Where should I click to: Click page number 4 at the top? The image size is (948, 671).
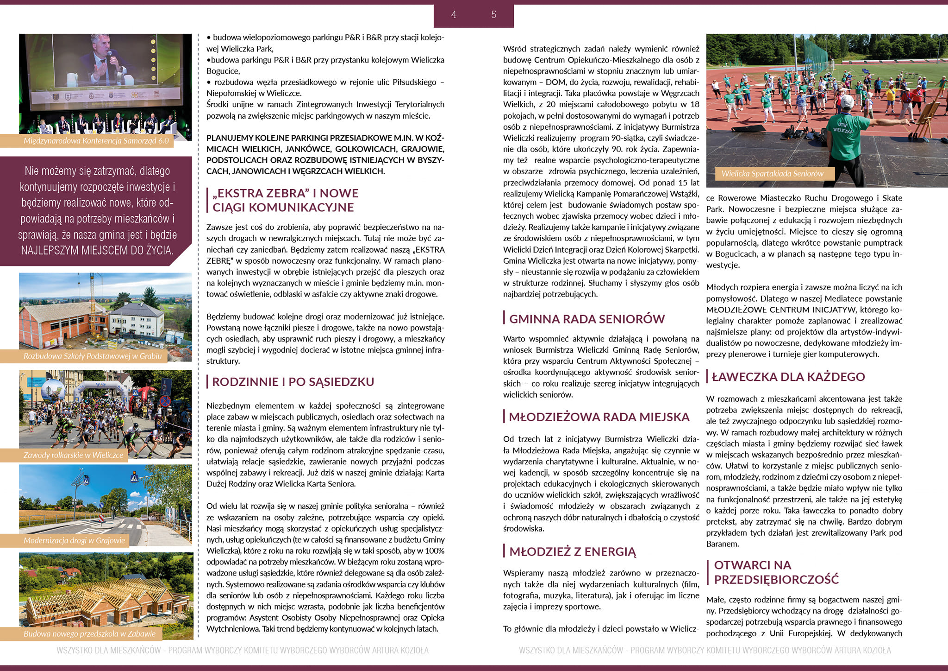[454, 15]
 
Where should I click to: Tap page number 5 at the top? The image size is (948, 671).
[493, 15]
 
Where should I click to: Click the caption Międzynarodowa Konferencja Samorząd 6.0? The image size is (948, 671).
[96, 141]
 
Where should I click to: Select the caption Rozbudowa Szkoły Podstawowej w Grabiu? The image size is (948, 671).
[93, 356]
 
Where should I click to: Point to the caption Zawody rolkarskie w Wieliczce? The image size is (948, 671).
[74, 455]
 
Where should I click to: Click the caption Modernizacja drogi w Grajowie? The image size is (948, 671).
[75, 540]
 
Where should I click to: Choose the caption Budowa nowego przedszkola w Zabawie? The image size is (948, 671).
[90, 633]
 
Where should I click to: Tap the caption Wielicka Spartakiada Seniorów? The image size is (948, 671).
[772, 174]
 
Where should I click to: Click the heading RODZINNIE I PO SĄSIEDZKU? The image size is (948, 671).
[293, 382]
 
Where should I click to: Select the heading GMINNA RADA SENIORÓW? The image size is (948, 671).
[586, 319]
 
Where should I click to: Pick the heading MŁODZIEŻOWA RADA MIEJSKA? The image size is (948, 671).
[599, 417]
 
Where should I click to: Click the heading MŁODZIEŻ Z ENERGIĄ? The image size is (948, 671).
[573, 551]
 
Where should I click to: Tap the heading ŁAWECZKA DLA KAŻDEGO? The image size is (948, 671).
[788, 377]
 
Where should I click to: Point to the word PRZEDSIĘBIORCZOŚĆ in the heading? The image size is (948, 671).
[776, 579]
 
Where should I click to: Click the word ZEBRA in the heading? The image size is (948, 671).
[278, 193]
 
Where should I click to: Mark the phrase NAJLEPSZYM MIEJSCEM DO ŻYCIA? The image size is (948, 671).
[97, 251]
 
